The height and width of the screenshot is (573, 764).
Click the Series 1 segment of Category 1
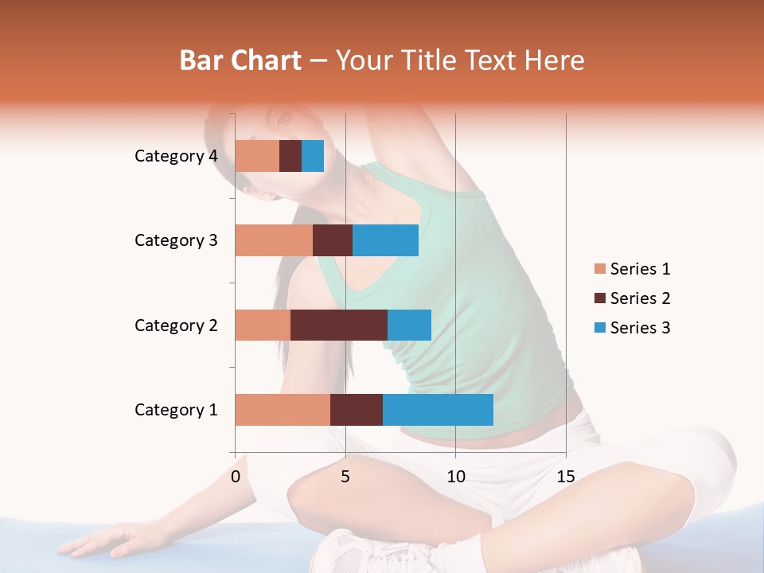click(283, 410)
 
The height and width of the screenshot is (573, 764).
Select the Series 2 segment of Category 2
click(339, 325)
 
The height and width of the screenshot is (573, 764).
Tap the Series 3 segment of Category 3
click(385, 240)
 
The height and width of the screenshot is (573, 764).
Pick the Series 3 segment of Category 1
click(438, 410)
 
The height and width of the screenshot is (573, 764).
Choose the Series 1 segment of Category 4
click(257, 156)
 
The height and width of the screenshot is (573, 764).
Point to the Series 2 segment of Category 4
click(290, 156)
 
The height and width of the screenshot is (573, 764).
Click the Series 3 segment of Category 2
click(409, 325)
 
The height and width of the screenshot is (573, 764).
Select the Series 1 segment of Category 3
click(274, 240)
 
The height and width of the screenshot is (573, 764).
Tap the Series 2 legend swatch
click(599, 298)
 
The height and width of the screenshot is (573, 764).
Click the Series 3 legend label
click(640, 328)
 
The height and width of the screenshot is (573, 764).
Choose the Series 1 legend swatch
click(599, 269)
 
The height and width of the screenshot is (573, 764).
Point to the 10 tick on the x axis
click(455, 477)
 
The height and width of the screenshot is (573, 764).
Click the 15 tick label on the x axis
click(565, 477)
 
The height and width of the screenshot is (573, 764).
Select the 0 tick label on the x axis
click(236, 477)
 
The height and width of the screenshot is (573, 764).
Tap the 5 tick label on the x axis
click(345, 477)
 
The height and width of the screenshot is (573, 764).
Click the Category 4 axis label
click(176, 156)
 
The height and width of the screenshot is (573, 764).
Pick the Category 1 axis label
click(176, 410)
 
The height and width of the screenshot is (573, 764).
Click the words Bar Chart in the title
click(240, 60)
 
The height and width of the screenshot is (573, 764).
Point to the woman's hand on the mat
click(103, 540)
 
